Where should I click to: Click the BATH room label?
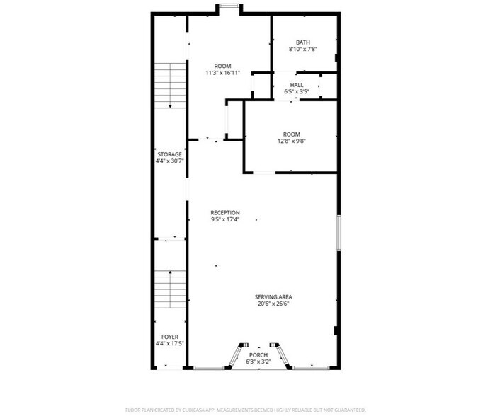coord(303,42)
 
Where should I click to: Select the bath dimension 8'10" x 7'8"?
coord(303,50)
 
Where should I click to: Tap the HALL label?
coord(297,85)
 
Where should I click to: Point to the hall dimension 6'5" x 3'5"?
coord(297,92)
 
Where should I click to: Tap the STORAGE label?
coord(169,154)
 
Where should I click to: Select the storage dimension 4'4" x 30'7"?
coord(169,161)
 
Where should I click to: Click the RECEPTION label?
coord(225,212)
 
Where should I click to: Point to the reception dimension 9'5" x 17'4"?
coord(225,219)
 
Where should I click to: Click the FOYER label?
coord(169,337)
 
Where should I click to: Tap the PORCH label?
coord(258,354)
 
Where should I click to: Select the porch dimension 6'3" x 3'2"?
coord(258,362)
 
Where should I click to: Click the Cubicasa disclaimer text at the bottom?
coord(245,410)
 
